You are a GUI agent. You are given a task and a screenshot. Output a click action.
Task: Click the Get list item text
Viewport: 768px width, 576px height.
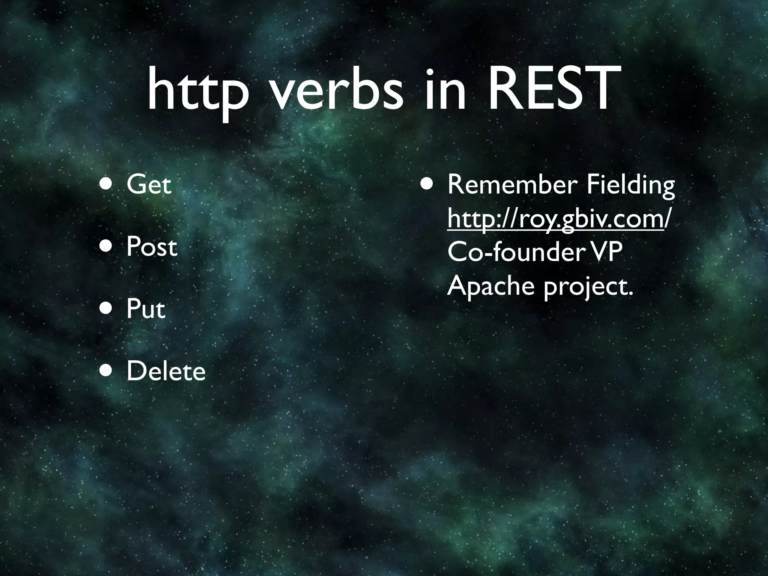(x=148, y=184)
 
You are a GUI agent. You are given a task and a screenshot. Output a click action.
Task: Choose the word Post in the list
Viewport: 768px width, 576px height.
(x=151, y=247)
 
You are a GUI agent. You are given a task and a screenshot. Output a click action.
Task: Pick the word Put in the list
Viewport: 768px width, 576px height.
(x=145, y=309)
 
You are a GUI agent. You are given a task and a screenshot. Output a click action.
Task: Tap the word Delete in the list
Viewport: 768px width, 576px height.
(x=166, y=372)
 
